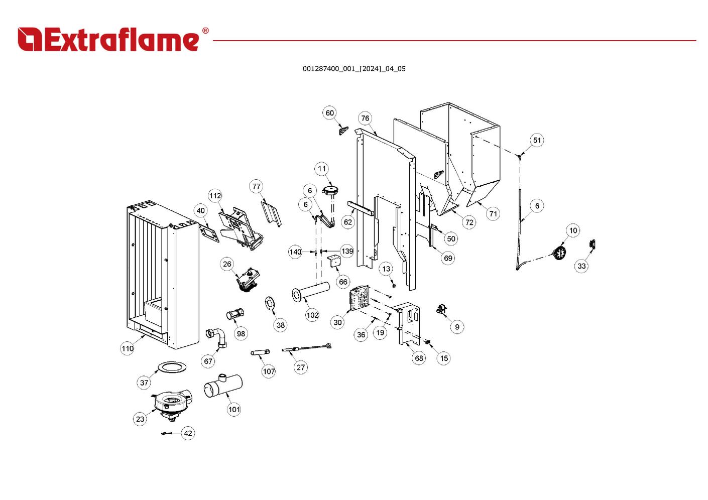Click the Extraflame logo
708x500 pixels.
tap(112, 39)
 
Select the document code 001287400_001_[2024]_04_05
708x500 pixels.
tap(353, 69)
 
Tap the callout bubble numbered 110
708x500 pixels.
tap(128, 348)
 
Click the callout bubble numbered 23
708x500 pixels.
tap(140, 419)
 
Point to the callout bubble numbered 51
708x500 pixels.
tap(537, 140)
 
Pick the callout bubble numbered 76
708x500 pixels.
tap(365, 118)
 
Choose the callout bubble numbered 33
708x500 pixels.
tap(581, 266)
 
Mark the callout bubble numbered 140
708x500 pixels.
tap(295, 252)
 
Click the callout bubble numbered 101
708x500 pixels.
tap(234, 409)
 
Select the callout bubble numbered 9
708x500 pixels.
tap(457, 327)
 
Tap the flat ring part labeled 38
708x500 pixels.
tap(271, 304)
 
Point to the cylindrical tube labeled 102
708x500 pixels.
tap(311, 291)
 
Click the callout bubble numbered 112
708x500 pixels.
tap(215, 196)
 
